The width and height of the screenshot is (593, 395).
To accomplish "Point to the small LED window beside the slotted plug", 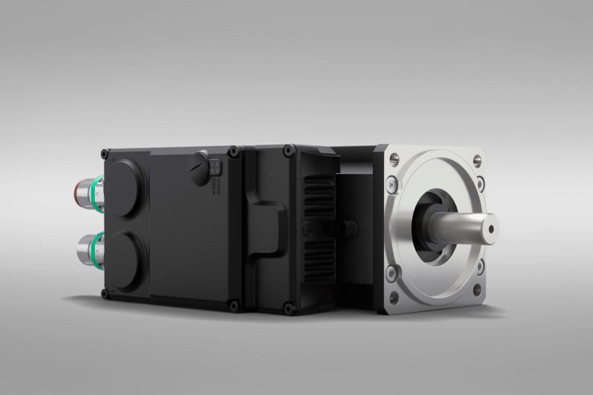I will click(214, 165).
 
